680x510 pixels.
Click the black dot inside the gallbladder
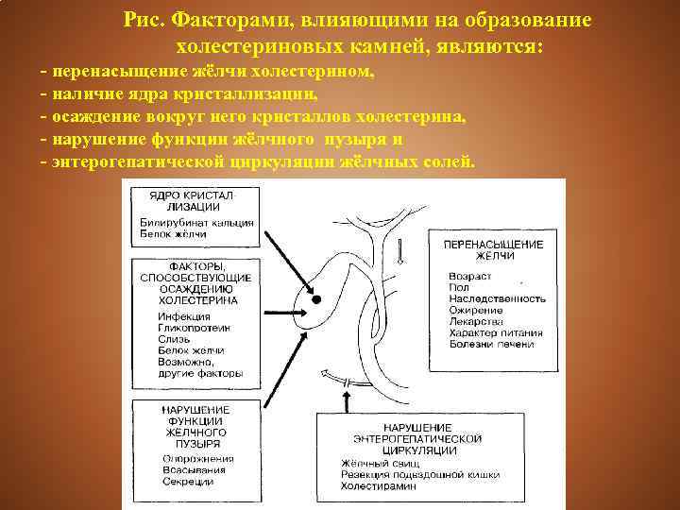click(x=318, y=299)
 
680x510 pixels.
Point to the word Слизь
click(x=172, y=338)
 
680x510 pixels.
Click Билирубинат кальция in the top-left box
click(x=193, y=223)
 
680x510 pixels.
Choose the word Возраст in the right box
click(x=469, y=277)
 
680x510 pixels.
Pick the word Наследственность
click(x=497, y=298)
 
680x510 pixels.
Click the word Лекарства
click(x=476, y=321)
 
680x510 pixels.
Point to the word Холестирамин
click(x=378, y=485)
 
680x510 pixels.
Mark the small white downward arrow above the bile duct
click(x=400, y=253)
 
